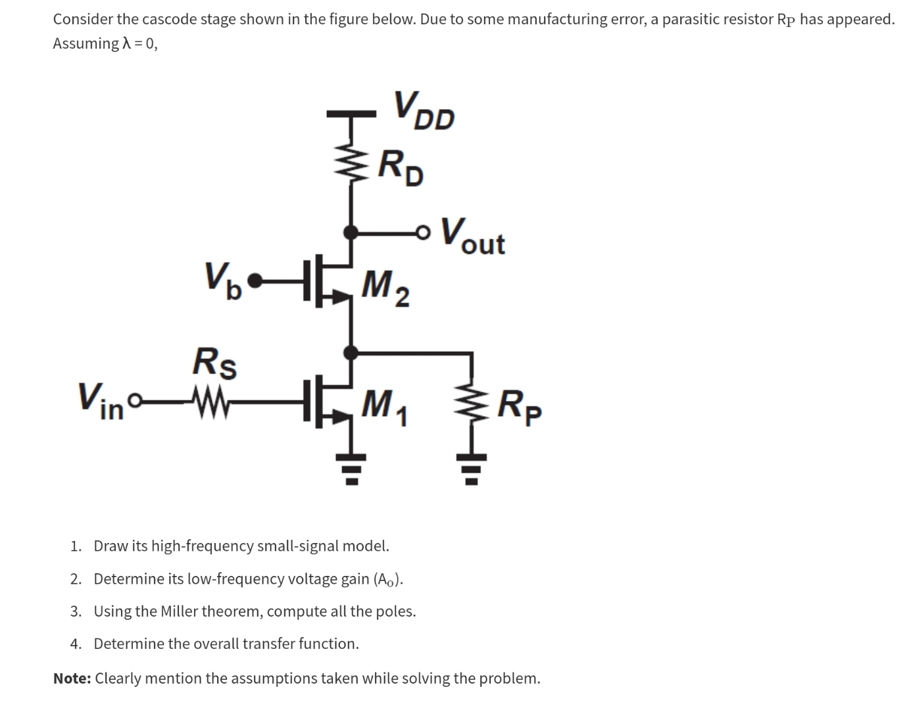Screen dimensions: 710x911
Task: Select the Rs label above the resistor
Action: (214, 362)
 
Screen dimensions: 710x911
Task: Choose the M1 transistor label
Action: (385, 403)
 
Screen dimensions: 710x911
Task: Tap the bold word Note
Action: (72, 678)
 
